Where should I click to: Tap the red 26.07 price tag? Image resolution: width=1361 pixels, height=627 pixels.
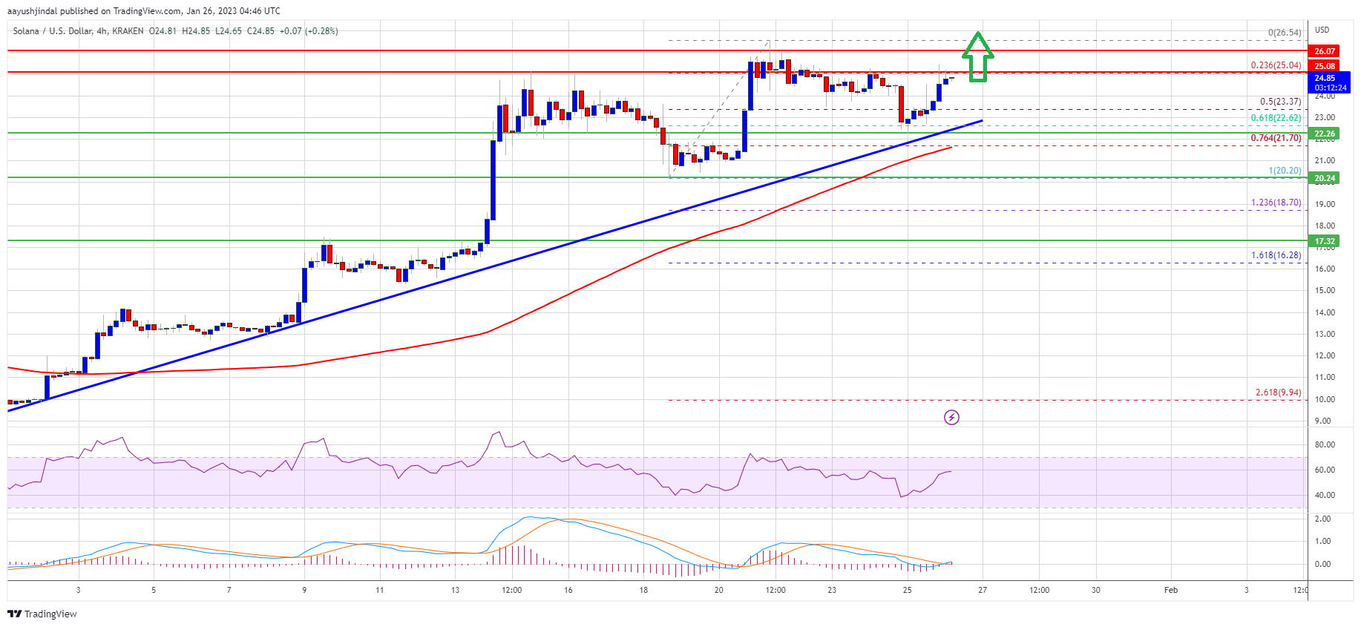pos(1325,51)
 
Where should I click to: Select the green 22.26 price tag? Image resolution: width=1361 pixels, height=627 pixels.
pos(1325,134)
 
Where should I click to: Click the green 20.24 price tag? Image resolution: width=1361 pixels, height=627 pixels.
pos(1325,178)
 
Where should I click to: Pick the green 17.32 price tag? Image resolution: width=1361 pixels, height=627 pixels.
pos(1325,241)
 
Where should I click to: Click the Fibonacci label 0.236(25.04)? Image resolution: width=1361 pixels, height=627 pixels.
pos(1276,65)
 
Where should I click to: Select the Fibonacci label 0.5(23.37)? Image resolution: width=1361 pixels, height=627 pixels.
pos(1280,102)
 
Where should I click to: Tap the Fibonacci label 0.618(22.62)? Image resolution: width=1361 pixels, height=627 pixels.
pos(1276,118)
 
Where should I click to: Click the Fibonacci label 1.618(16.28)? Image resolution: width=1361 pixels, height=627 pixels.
pos(1276,255)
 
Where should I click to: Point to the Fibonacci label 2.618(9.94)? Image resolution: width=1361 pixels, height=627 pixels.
pos(1278,393)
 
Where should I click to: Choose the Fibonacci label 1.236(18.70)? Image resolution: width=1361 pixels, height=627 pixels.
pos(1276,203)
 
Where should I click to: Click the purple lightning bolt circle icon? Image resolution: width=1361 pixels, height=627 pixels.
pos(951,418)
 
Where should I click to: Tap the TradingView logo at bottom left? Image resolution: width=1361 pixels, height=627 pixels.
pos(42,614)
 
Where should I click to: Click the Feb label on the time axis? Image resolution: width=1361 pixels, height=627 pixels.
pos(1170,591)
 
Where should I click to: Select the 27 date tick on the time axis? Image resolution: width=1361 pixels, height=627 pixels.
pos(983,591)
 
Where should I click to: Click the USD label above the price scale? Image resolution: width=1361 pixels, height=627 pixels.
pos(1322,30)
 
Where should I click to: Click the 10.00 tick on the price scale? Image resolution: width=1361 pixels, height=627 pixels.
pos(1325,399)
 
